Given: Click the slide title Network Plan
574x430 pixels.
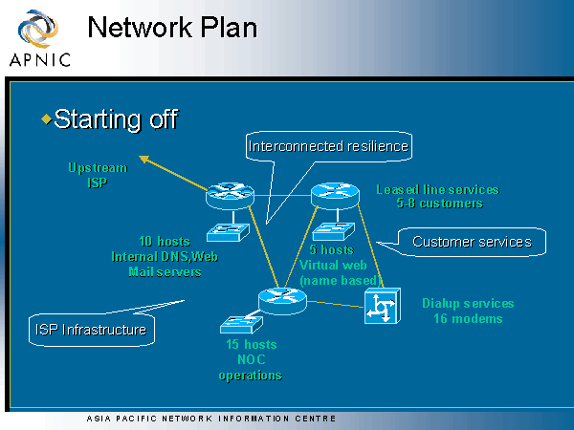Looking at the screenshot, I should point(172,27).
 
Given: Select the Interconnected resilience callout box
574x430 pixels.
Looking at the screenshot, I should point(328,146).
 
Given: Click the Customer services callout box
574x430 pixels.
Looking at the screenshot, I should point(472,242).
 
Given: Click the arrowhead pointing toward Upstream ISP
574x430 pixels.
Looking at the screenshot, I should point(143,158).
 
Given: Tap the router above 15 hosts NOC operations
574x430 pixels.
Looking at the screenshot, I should point(279,299).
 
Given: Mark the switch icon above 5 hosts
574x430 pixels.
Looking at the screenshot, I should point(334,230).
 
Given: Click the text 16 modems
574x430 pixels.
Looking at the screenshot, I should point(468,318).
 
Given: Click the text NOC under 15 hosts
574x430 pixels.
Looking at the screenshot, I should point(251,359).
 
